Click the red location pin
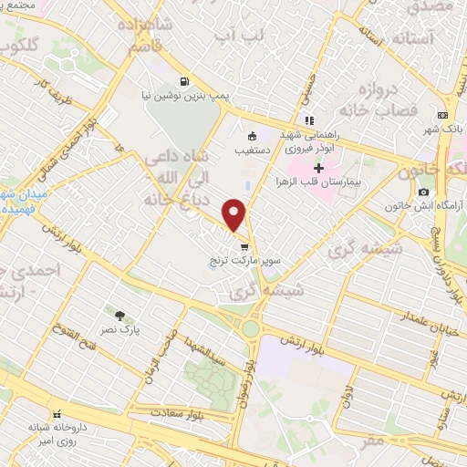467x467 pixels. click(235, 214)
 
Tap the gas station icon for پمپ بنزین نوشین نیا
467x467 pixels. click(185, 80)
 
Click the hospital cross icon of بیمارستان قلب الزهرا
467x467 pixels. click(318, 168)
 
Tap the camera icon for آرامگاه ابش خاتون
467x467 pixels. click(423, 192)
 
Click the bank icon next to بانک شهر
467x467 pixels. click(442, 115)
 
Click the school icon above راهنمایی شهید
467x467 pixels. click(310, 119)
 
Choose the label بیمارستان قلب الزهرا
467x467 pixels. click(320, 182)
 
